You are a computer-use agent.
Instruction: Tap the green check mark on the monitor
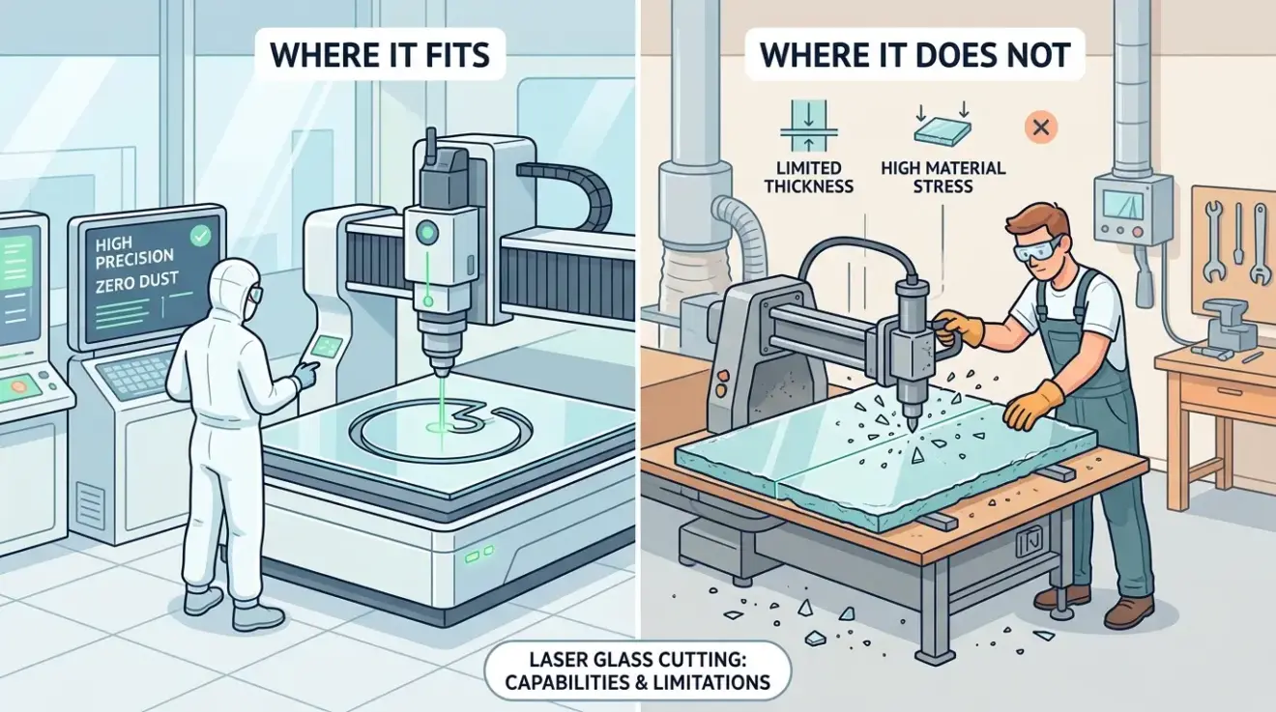click(202, 234)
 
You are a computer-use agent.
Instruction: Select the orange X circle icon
click(1043, 126)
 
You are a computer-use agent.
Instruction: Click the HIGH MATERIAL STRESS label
click(942, 177)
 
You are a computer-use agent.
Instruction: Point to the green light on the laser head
click(424, 232)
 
